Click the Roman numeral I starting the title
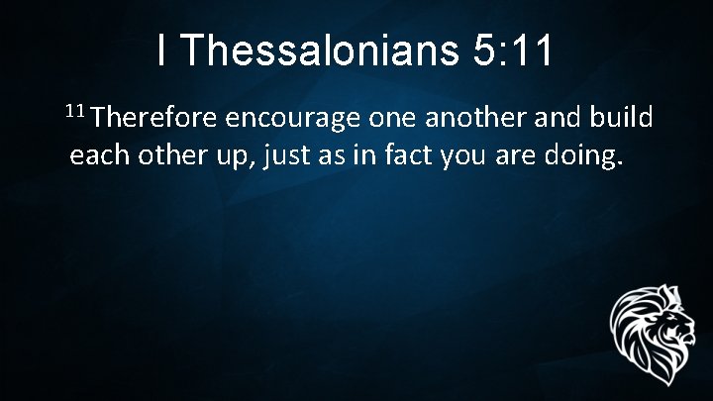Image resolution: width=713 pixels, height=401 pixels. [x=161, y=52]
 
